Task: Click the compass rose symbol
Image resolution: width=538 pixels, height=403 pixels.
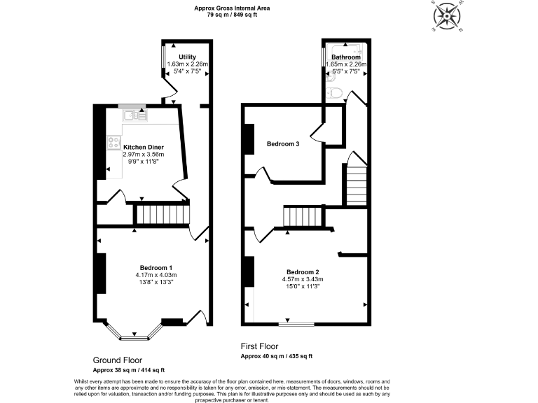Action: (446, 17)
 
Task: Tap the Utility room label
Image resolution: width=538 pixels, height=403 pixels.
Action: (187, 57)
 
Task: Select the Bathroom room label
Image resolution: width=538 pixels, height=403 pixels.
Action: (346, 57)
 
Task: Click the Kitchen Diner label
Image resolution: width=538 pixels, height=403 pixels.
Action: (144, 147)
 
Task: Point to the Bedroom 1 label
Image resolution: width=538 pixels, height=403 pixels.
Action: (156, 268)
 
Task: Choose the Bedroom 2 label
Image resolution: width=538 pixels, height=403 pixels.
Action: (303, 272)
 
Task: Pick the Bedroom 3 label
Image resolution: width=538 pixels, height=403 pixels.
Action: (283, 144)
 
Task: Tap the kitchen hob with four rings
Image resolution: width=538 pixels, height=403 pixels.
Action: (113, 143)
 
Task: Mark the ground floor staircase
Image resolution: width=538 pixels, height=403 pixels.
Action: (163, 214)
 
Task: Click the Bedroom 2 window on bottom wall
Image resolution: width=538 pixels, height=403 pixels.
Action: (296, 323)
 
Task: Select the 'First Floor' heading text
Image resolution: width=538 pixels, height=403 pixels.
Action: (259, 346)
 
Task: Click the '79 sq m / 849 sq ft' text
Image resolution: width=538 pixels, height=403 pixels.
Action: (233, 14)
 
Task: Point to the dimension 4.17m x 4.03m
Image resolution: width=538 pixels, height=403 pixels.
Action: (156, 275)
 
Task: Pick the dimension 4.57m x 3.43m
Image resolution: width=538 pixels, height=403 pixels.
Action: (303, 279)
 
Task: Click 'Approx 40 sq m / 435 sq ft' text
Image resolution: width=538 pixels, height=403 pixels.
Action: (277, 356)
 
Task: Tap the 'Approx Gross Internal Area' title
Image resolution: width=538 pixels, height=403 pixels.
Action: (233, 8)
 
